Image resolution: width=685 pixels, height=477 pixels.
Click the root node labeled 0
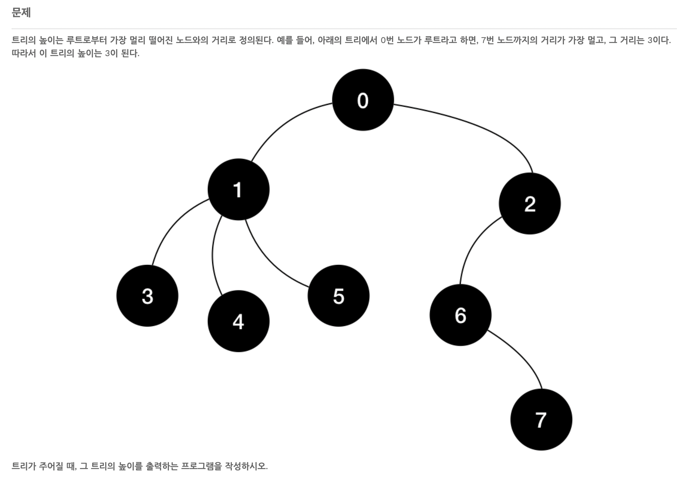pos(363,100)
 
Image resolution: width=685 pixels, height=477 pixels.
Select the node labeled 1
pos(238,189)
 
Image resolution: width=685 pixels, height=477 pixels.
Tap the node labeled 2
pos(530,204)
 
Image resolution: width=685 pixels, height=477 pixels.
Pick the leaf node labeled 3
pos(147,296)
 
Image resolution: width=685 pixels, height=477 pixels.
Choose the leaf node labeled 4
pos(238,321)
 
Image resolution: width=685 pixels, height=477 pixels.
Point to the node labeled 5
pos(338,296)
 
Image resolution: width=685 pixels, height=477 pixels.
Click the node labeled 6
pos(460,315)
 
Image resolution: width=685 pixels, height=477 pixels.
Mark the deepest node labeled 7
pos(541,420)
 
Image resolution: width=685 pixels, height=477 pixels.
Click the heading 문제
pos(21,13)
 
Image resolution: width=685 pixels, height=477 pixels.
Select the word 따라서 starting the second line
pos(23,53)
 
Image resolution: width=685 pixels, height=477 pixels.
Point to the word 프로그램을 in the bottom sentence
pos(201,466)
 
